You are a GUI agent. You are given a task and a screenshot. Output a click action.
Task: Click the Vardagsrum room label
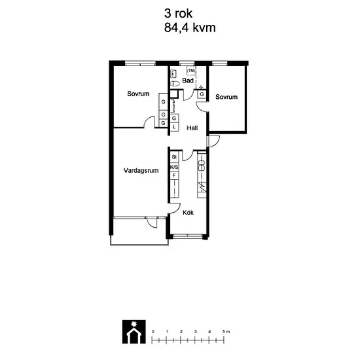tap(141, 171)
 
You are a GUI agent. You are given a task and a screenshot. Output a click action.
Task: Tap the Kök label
tap(188, 213)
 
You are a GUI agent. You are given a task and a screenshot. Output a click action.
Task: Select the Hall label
tap(192, 128)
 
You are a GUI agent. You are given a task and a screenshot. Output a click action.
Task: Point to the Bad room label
tap(188, 81)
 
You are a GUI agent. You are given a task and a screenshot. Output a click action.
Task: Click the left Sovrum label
tap(138, 94)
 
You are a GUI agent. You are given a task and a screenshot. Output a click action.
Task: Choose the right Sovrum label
tap(226, 97)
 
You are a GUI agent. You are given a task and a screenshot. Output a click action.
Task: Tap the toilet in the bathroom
tap(175, 84)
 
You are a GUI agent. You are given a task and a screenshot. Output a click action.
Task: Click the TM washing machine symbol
tap(191, 71)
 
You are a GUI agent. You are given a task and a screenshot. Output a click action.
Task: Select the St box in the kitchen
tap(174, 157)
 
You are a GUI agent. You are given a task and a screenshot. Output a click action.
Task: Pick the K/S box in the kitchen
tap(174, 167)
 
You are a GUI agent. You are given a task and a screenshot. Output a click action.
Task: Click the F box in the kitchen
tap(174, 175)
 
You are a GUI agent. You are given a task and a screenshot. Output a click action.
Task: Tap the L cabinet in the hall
tap(174, 127)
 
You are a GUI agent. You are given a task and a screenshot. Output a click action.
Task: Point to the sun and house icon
tap(134, 332)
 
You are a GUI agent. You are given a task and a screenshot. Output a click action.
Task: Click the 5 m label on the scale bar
tap(226, 332)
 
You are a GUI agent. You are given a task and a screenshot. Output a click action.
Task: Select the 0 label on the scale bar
tap(153, 332)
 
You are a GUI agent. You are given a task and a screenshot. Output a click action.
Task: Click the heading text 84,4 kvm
tap(190, 27)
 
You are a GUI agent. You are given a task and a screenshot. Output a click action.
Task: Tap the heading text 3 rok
tap(178, 13)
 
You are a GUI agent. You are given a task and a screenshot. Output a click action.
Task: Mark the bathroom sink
tap(174, 74)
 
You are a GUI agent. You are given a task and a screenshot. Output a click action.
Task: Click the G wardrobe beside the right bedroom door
tap(202, 94)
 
